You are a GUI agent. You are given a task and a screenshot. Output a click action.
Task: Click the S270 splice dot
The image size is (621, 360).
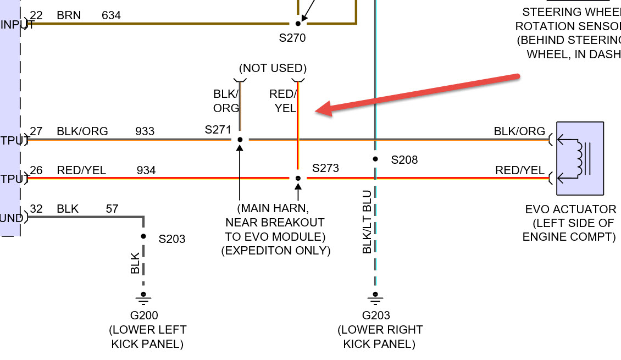pos(298,24)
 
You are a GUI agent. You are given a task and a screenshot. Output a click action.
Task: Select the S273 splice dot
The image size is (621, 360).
pos(298,178)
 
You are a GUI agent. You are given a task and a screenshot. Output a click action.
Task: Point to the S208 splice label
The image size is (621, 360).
pos(404,160)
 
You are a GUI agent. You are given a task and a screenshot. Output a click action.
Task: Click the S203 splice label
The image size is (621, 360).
pos(172,239)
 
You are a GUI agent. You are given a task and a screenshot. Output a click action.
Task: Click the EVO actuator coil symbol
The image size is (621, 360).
pos(579,158)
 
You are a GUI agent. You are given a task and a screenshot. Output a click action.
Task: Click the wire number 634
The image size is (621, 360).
pos(112,15)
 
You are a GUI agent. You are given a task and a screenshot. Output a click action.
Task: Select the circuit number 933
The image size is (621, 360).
pos(145,131)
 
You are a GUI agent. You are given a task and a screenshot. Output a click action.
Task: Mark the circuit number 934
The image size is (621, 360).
pos(146,170)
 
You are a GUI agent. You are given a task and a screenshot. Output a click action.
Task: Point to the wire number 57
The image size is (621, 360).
pos(112,209)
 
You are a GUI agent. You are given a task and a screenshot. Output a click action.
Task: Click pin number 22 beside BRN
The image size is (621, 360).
pos(36,15)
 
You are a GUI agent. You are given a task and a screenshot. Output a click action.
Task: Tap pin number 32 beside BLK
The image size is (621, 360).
pos(36,209)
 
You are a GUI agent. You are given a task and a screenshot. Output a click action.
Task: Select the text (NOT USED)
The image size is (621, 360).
pos(272,68)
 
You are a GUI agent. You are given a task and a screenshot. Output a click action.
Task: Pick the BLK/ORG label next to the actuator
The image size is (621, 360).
pos(519,131)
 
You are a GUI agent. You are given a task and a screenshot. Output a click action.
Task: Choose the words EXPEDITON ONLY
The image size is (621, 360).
pos(275,251)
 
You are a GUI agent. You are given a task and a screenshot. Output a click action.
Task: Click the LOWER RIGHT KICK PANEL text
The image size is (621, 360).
pos(380,337)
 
